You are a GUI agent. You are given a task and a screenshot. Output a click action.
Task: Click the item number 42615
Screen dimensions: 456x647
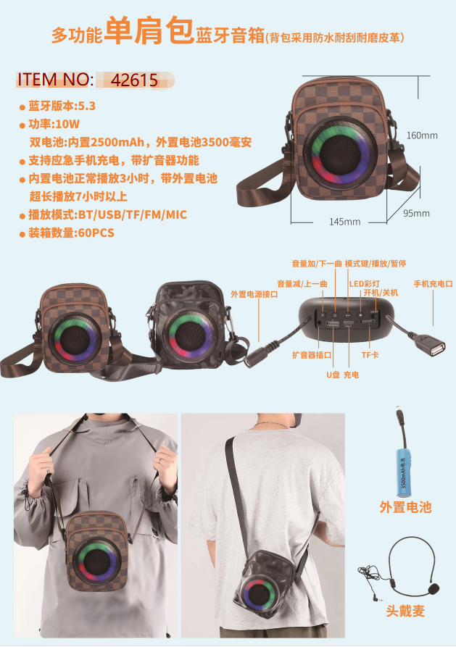tap(134, 80)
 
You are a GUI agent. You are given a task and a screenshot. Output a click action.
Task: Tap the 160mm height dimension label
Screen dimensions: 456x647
tap(422, 135)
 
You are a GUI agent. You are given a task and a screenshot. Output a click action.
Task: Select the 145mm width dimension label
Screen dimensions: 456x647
tap(344, 222)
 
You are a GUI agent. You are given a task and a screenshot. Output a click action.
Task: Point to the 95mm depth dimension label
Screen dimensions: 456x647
tap(416, 213)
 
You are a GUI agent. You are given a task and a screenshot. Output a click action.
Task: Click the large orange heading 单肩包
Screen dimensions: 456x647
tap(149, 30)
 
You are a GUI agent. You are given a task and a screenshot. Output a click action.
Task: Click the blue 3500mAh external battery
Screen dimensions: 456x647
tap(403, 470)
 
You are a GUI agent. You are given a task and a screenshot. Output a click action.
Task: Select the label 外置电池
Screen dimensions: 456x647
tap(405, 506)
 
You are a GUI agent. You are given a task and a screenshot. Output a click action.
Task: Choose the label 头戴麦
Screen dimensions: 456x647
tap(405, 611)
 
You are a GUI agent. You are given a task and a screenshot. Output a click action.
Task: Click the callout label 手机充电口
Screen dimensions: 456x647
tap(434, 284)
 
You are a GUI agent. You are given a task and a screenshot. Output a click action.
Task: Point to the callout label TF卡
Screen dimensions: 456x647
tap(370, 355)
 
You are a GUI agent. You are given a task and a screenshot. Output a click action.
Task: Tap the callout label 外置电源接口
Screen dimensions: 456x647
tap(254, 294)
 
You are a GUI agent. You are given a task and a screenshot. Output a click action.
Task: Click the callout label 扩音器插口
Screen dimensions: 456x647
tap(312, 355)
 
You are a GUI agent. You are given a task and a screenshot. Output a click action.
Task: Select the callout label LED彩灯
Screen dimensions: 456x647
tap(364, 284)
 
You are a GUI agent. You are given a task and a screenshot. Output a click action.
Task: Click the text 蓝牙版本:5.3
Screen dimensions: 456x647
tap(62, 106)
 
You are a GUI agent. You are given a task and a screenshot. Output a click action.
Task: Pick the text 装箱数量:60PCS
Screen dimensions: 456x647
tap(71, 233)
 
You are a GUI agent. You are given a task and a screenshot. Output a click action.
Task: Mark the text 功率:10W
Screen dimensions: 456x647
tap(54, 124)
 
